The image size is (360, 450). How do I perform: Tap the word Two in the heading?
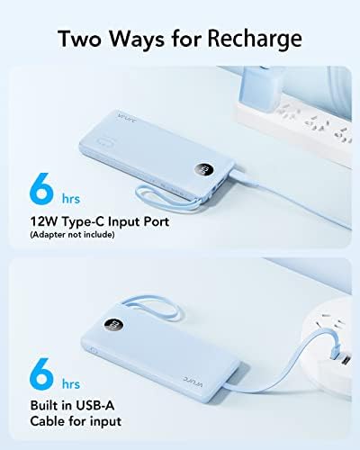tap(85, 39)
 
